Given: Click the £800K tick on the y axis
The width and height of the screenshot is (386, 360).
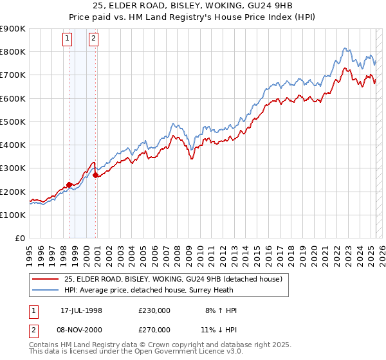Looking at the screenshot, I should [x=13, y=51].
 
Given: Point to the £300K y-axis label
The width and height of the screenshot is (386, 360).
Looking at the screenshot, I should [x=13, y=168].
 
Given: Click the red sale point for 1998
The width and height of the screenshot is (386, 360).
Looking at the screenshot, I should [x=69, y=184].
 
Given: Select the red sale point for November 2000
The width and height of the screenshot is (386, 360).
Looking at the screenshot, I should [x=96, y=175].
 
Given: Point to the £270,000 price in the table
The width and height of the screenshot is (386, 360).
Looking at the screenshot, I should [x=154, y=329].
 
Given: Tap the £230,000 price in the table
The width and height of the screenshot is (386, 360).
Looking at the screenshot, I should [x=154, y=310].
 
